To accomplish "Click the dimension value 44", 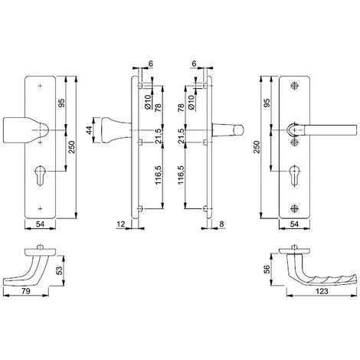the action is click(89, 130).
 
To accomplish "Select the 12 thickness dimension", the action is click(121, 224).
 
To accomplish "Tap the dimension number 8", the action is click(221, 224).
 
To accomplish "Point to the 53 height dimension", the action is click(59, 270).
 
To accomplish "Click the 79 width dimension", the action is click(26, 291).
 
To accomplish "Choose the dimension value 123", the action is click(322, 291).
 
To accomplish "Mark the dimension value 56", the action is click(267, 269).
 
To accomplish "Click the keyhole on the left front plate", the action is click(40, 175).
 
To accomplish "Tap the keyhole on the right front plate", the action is click(294, 175).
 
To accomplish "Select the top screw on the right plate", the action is click(294, 86).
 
